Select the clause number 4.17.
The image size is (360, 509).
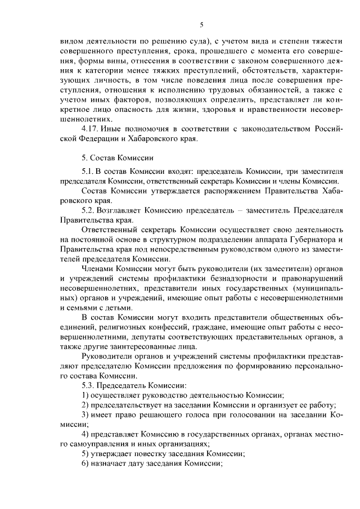click(x=92, y=129)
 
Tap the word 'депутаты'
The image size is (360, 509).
click(x=123, y=338)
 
